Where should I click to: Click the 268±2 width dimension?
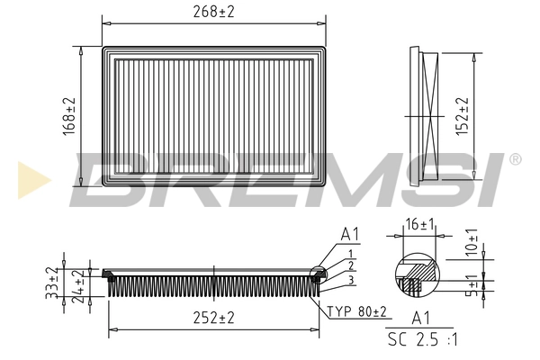213,12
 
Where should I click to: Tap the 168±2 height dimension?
69,116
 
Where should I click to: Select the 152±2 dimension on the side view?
463,116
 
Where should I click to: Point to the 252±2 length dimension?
213,318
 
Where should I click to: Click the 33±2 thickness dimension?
51,283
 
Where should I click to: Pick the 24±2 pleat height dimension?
78,286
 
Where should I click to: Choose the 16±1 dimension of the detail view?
419,225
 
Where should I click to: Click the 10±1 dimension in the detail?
472,242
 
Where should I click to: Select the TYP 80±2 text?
356,311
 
